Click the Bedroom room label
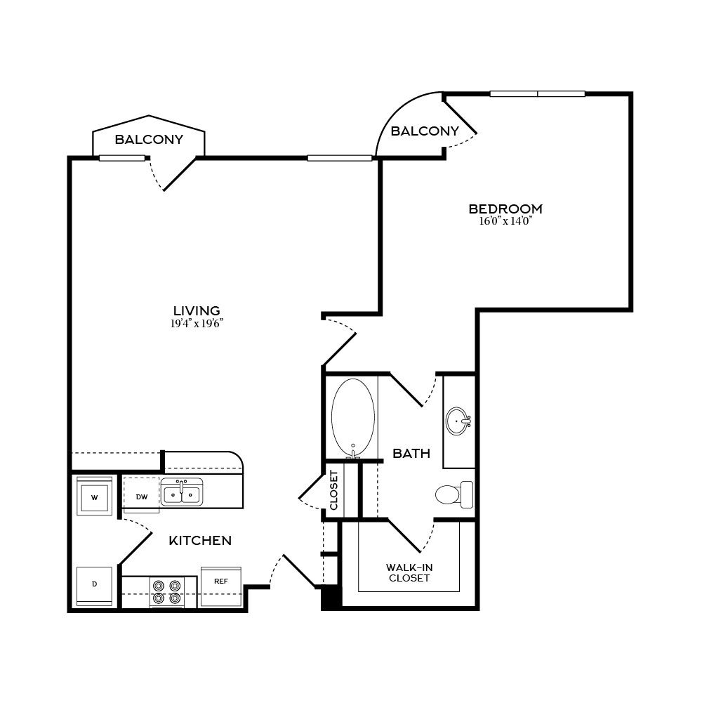coord(505,209)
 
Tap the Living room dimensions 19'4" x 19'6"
coord(197,324)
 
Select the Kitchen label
coord(200,541)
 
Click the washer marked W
coord(94,497)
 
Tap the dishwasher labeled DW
coord(141,495)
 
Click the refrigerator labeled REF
coord(221,586)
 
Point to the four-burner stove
coord(167,592)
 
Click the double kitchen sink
coord(182,492)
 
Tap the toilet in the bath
coord(454,494)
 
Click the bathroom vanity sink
coord(458,421)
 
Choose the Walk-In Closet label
coord(409,573)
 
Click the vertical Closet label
coord(334,490)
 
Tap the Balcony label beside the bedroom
coord(425,131)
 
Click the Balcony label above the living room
coord(149,140)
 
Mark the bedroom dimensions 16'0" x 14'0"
coord(505,221)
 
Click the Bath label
coord(411,453)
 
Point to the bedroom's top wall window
coord(538,93)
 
